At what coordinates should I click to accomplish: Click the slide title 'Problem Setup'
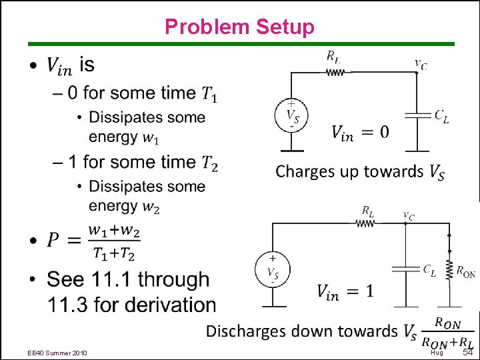pos(239,27)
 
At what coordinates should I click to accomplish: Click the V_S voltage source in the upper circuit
pos(291,115)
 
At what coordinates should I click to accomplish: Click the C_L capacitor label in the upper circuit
pos(441,116)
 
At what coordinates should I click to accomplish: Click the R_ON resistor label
pos(465,271)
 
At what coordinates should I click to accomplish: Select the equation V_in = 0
pos(360,133)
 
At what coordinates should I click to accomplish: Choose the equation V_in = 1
pos(345,291)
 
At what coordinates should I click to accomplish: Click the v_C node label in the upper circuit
pos(421,64)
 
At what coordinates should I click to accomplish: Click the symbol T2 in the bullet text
pos(209,163)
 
